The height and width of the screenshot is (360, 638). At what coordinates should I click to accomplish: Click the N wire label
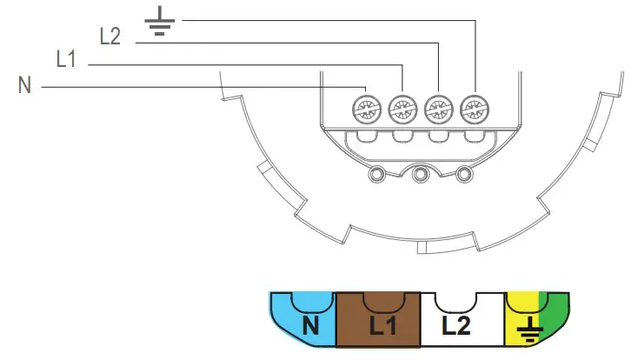pyautogui.click(x=24, y=86)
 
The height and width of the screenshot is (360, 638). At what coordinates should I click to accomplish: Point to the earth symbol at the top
pyautogui.click(x=157, y=20)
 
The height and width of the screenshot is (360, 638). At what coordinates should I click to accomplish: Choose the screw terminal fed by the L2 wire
pyautogui.click(x=436, y=110)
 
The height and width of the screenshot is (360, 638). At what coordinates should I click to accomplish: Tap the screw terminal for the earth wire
pyautogui.click(x=472, y=110)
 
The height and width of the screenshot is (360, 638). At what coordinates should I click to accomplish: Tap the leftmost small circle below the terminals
pyautogui.click(x=376, y=175)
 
